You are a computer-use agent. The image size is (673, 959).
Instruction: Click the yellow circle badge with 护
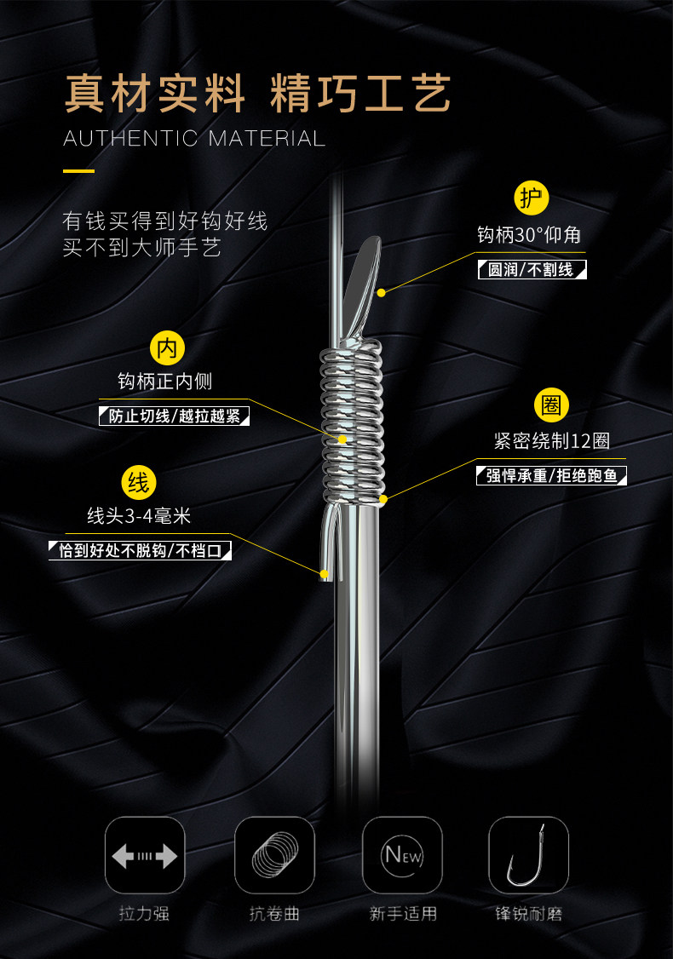[x=532, y=198]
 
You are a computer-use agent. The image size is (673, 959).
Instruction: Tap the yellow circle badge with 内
[x=167, y=347]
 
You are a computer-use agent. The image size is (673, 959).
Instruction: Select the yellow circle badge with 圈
[x=551, y=405]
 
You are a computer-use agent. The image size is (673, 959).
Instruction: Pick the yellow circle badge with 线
[x=138, y=483]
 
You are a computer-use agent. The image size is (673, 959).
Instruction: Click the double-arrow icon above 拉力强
[x=145, y=855]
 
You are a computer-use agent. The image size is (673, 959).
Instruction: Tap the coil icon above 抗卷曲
[x=274, y=855]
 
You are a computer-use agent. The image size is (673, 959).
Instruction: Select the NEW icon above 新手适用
[x=402, y=855]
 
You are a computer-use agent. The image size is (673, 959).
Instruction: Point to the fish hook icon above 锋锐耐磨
[x=528, y=855]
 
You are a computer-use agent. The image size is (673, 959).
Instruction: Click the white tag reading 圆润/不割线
[x=532, y=271]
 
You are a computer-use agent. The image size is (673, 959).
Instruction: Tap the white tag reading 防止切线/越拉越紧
[x=175, y=417]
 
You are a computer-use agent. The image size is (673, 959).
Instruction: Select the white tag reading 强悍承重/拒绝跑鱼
[x=551, y=475]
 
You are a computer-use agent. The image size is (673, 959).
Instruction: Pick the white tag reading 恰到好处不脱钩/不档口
[x=140, y=551]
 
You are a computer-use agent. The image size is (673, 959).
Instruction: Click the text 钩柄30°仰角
[x=529, y=234]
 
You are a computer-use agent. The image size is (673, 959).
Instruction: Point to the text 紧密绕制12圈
[x=551, y=441]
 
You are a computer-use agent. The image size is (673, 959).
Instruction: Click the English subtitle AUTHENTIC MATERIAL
[x=194, y=138]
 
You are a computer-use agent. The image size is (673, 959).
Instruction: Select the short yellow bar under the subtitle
[x=78, y=170]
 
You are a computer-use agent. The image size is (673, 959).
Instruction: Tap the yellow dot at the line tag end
[x=325, y=575]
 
